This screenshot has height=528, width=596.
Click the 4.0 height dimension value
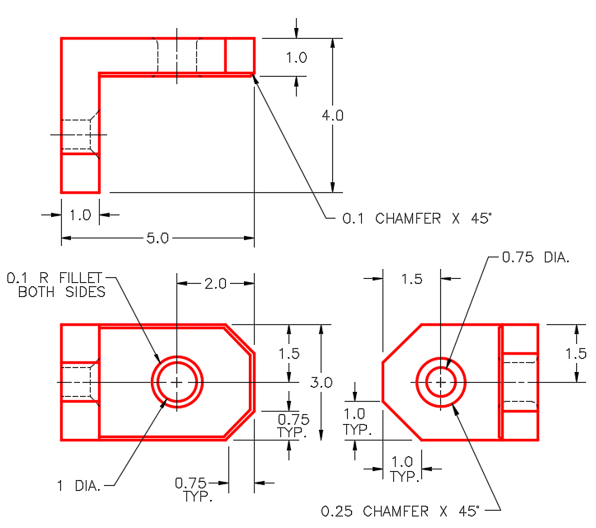(x=332, y=116)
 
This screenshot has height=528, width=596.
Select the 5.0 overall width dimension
(x=157, y=238)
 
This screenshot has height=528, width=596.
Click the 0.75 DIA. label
(x=536, y=257)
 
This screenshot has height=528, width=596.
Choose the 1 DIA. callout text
(x=79, y=487)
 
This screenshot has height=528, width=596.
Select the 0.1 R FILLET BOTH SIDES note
(x=56, y=285)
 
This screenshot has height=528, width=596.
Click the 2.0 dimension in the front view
(x=215, y=284)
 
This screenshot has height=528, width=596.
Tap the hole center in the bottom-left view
(x=176, y=382)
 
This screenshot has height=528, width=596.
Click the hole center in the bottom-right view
(x=441, y=382)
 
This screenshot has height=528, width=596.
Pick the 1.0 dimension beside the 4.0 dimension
(x=296, y=58)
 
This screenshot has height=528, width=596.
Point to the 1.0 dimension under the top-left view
(x=80, y=215)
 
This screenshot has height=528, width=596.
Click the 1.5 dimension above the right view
(x=411, y=280)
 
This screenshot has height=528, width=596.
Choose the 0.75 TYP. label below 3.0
(x=293, y=424)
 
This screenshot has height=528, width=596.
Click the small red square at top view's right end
(x=240, y=55)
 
